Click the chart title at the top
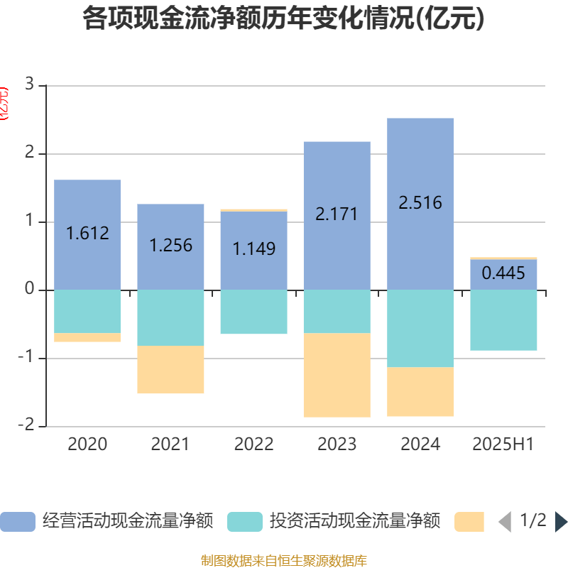coord(283,19)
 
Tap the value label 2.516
coord(420,203)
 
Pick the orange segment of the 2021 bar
coord(170,370)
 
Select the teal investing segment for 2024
coord(420,328)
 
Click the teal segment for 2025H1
coord(503,320)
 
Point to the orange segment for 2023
coord(337,375)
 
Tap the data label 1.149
coord(254,249)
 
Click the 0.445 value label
coord(503,273)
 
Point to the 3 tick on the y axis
coord(29,84)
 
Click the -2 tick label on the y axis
coord(26,425)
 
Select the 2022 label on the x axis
coord(253,444)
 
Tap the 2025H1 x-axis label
coord(503,444)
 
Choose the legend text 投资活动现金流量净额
coord(355,522)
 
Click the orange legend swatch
coord(469,522)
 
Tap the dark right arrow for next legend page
coord(560,522)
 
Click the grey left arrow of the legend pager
coord(505,522)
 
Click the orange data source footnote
coord(284,561)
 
